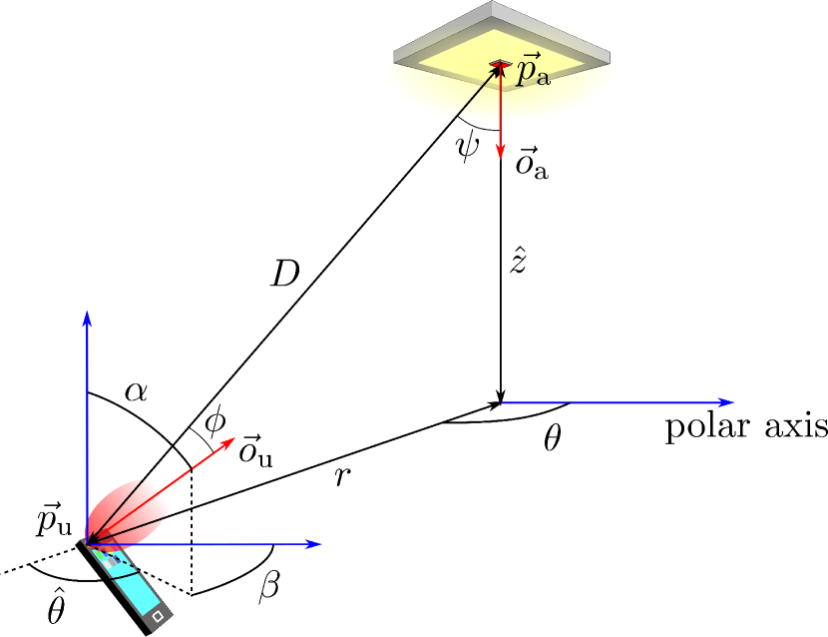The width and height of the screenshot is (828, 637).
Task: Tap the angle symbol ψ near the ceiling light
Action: click(468, 148)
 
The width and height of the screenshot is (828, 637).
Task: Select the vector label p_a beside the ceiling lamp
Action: click(529, 72)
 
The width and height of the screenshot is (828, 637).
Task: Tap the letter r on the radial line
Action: click(342, 477)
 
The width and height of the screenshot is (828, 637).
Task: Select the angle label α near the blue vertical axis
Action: click(136, 389)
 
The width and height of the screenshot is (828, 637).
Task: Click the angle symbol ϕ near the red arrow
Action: click(214, 423)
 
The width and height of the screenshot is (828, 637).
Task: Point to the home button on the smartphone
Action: click(159, 619)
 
